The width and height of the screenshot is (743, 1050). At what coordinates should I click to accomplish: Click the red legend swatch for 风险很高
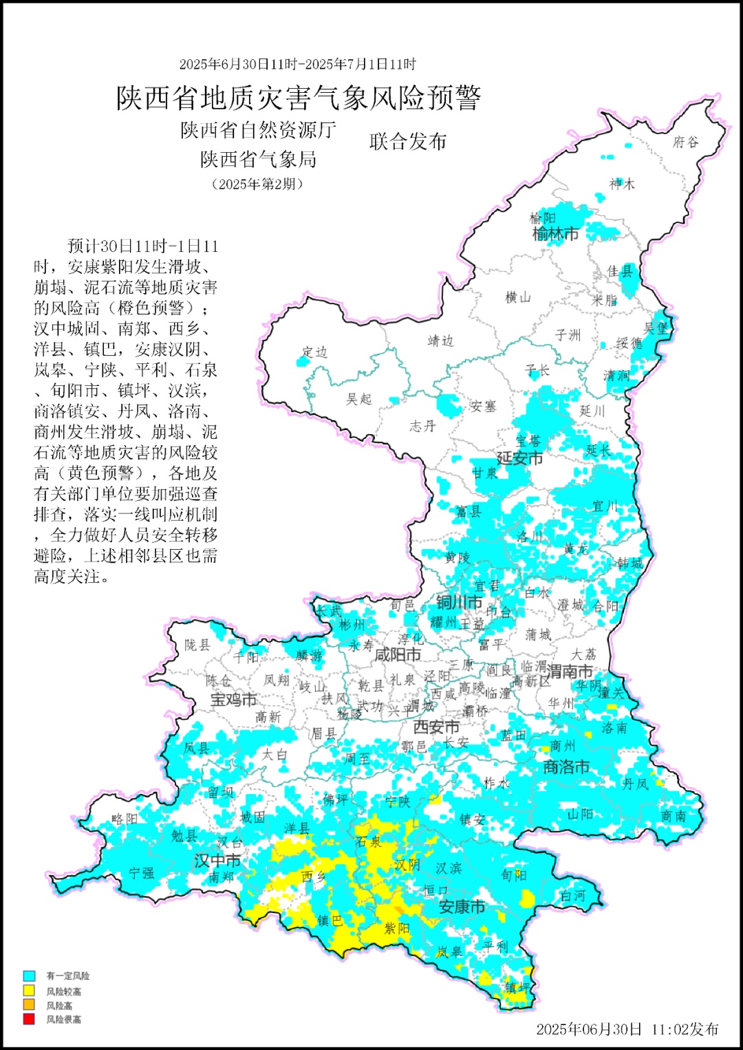click(x=29, y=1019)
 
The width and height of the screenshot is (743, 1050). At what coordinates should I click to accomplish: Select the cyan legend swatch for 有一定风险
click(x=29, y=976)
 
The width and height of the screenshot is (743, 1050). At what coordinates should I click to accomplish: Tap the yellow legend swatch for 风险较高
click(x=29, y=991)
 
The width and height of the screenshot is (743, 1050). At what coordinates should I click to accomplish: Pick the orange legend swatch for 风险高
click(x=29, y=1005)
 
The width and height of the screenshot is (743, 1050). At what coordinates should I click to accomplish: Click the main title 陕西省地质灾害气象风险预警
click(x=298, y=98)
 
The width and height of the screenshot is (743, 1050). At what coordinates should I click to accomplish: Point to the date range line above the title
click(x=298, y=64)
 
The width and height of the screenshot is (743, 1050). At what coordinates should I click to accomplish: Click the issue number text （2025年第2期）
click(x=257, y=184)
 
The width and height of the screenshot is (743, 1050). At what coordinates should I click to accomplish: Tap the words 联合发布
click(x=408, y=142)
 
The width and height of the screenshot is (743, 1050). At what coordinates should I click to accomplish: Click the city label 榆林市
click(x=555, y=234)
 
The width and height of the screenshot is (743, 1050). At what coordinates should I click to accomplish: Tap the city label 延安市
click(x=519, y=458)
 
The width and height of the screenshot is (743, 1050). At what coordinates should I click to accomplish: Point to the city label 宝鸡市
click(x=233, y=700)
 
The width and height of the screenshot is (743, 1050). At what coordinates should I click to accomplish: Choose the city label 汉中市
click(x=217, y=860)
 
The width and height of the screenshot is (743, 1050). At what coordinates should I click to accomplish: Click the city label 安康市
click(x=462, y=907)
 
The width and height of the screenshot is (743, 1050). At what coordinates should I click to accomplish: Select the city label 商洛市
click(x=566, y=767)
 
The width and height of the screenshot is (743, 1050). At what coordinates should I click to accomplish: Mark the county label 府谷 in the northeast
click(x=685, y=142)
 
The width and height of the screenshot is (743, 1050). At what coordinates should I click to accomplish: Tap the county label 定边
click(x=314, y=352)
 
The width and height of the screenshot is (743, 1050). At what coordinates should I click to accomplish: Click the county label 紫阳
click(x=396, y=928)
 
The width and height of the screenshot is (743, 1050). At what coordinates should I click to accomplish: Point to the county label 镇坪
click(x=517, y=987)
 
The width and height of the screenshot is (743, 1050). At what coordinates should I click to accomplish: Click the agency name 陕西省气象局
click(x=258, y=160)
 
